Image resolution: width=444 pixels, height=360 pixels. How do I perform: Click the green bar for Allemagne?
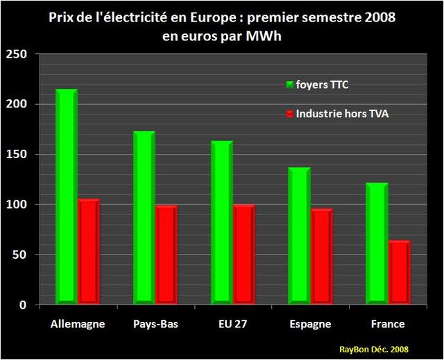click(x=67, y=198)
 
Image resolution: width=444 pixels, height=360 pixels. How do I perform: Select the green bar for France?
click(x=377, y=243)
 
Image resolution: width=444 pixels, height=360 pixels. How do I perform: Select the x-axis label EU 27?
click(x=232, y=324)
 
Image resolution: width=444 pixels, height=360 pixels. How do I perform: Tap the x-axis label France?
click(x=387, y=324)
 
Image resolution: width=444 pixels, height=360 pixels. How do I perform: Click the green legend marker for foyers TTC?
click(x=289, y=85)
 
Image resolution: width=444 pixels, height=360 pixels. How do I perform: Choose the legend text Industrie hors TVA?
click(x=342, y=113)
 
